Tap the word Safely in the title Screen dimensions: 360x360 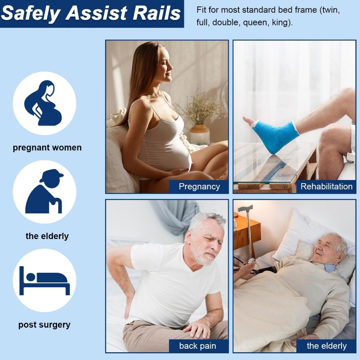coord(31,14)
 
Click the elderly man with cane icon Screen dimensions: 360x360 coord(44,191)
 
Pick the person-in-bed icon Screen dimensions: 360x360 coord(45,281)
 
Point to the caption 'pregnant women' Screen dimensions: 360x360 coord(47,147)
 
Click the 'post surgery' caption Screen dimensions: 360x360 coord(44,324)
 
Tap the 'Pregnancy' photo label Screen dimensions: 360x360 coord(199,186)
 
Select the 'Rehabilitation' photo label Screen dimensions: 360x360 coord(326,186)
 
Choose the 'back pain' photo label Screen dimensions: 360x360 coord(198,346)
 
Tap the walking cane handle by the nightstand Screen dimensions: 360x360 coord(245,208)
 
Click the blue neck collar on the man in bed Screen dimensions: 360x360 coord(328,266)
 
